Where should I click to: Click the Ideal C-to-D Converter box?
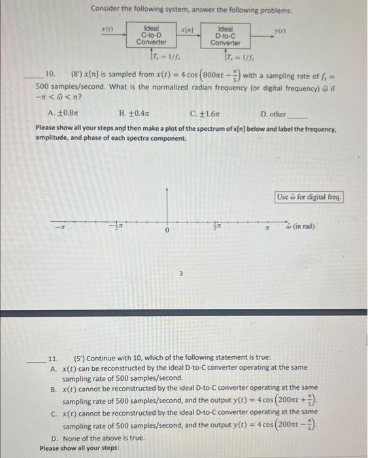tap(151, 35)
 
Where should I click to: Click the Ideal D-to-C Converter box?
tap(226, 35)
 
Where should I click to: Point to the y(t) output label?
tap(280, 31)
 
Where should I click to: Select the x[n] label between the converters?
tap(186, 30)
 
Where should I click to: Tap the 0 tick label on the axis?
tap(167, 230)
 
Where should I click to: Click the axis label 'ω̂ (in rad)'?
tap(300, 226)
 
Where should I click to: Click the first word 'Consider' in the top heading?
tap(105, 10)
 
